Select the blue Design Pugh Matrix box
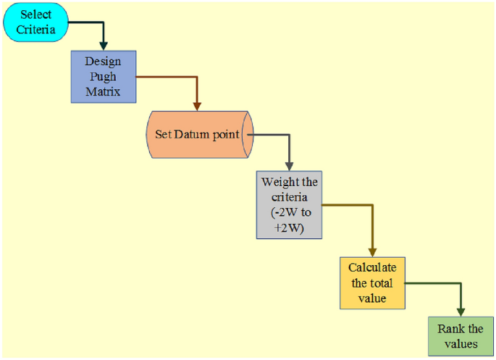pyautogui.click(x=103, y=76)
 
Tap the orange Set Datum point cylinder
pyautogui.click(x=198, y=135)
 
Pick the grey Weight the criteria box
pyautogui.click(x=289, y=204)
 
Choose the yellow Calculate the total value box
pyautogui.click(x=373, y=283)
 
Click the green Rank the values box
pyautogui.click(x=460, y=336)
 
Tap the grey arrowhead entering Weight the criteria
pyautogui.click(x=290, y=167)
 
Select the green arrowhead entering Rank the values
pyautogui.click(x=461, y=312)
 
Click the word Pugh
pyautogui.click(x=103, y=76)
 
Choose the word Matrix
pyautogui.click(x=103, y=91)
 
